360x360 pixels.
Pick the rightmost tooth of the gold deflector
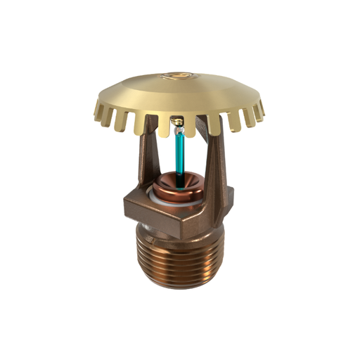[262, 109]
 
